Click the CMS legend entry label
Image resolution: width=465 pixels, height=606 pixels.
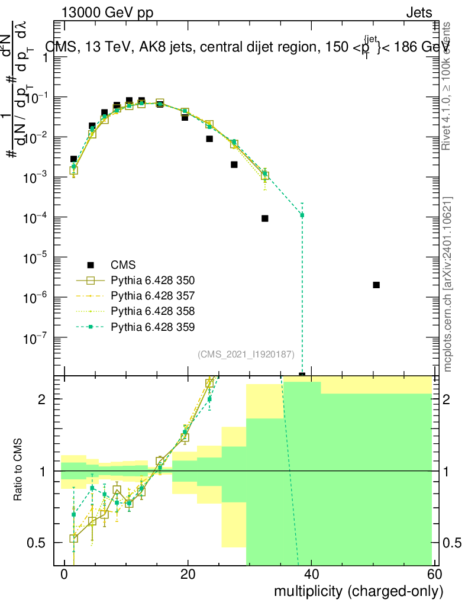tap(123, 265)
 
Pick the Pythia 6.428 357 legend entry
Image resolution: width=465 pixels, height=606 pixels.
tap(153, 295)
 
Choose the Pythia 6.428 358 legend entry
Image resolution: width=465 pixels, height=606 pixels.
tap(153, 311)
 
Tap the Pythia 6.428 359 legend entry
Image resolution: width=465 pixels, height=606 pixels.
tap(153, 326)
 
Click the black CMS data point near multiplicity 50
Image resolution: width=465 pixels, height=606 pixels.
tap(376, 285)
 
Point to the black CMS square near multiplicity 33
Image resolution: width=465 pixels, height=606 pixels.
tap(265, 218)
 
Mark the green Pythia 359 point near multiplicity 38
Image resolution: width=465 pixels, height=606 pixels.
tap(302, 215)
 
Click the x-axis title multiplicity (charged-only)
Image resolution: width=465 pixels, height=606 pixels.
tap(358, 591)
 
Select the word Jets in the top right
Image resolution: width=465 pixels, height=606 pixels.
tap(419, 12)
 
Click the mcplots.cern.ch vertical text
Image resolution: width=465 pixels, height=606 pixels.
tap(448, 284)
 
